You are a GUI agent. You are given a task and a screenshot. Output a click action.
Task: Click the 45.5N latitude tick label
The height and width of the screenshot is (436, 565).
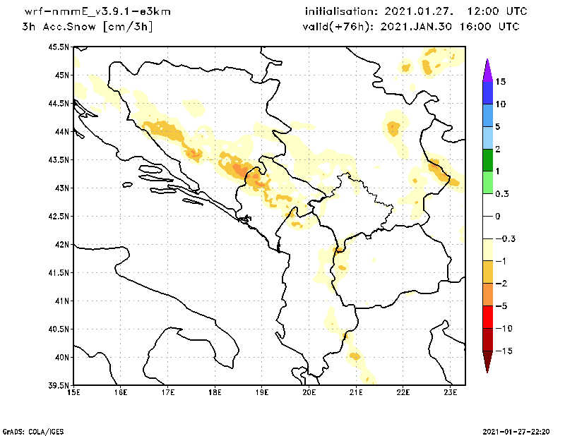click(58, 47)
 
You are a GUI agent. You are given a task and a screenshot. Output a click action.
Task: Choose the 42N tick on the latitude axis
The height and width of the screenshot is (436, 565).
click(61, 245)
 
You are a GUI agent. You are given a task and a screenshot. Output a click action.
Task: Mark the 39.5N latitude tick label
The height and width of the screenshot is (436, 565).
click(58, 386)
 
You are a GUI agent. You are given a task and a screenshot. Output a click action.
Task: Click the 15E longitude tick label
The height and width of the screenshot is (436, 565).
click(73, 392)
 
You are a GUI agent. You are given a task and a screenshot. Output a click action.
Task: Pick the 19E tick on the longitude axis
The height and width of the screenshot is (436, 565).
click(262, 392)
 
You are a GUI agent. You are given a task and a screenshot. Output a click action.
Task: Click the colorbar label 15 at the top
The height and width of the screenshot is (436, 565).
click(501, 81)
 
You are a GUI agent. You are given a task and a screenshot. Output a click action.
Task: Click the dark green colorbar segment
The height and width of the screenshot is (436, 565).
click(487, 159)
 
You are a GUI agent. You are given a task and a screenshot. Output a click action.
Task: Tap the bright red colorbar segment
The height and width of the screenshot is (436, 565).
click(487, 317)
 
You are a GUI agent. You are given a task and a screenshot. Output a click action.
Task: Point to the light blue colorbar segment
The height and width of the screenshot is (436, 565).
click(487, 138)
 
